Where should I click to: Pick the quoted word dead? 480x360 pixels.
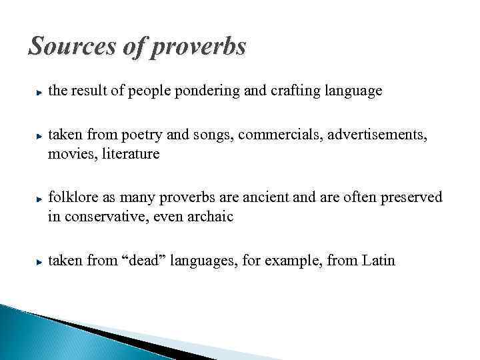click(x=143, y=261)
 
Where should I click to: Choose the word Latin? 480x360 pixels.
click(x=378, y=261)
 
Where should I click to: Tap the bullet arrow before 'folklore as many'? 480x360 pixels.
click(x=41, y=199)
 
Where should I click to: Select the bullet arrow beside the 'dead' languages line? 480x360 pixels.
click(x=41, y=261)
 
